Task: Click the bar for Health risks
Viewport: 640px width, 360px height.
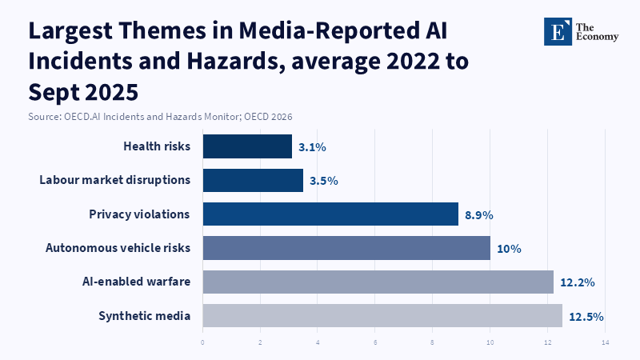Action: (x=247, y=146)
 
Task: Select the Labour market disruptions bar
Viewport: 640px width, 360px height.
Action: (x=253, y=180)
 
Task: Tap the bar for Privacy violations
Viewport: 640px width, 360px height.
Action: (x=330, y=214)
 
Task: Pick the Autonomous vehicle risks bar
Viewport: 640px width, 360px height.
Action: (x=346, y=248)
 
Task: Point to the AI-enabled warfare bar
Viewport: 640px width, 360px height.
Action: (x=378, y=282)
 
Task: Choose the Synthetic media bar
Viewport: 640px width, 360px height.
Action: (x=382, y=316)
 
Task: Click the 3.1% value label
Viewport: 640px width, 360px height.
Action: (x=312, y=147)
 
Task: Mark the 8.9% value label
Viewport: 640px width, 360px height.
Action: (x=479, y=215)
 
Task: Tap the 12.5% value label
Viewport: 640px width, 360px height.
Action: (x=586, y=317)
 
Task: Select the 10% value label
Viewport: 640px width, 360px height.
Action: (x=509, y=249)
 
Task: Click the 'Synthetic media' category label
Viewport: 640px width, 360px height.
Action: (x=145, y=316)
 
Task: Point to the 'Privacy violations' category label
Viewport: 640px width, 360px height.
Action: (x=139, y=214)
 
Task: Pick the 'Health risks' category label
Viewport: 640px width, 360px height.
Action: (x=157, y=146)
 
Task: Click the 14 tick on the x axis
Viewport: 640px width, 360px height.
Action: (x=605, y=343)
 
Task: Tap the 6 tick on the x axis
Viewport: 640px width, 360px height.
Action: (x=375, y=343)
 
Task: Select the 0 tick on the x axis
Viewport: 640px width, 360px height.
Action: (x=202, y=343)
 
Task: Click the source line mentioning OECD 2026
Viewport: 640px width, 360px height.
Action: (x=160, y=117)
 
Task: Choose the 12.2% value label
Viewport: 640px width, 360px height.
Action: (x=578, y=282)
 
